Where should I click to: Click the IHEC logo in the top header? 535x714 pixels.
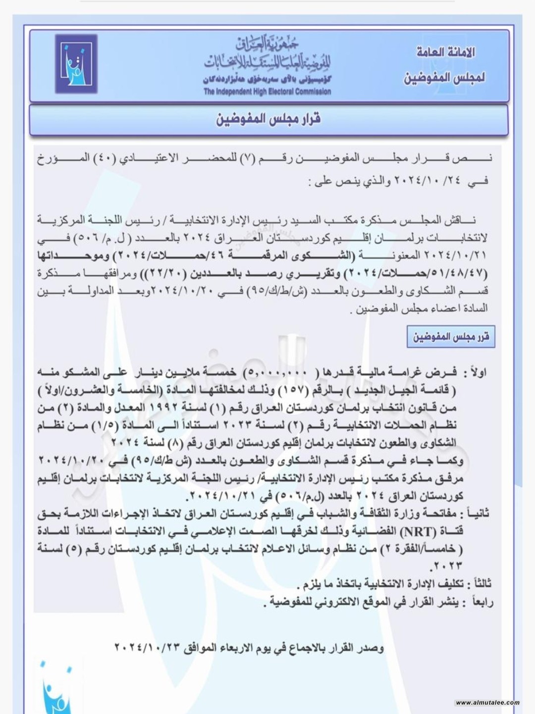point(76,64)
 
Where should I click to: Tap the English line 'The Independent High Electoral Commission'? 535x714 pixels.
point(267,92)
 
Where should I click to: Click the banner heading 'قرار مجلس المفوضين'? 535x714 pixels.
point(268,119)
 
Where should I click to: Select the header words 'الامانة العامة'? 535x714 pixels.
point(445,52)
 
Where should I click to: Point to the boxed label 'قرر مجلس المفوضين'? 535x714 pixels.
point(451,337)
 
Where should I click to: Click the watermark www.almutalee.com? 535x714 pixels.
point(487,702)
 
